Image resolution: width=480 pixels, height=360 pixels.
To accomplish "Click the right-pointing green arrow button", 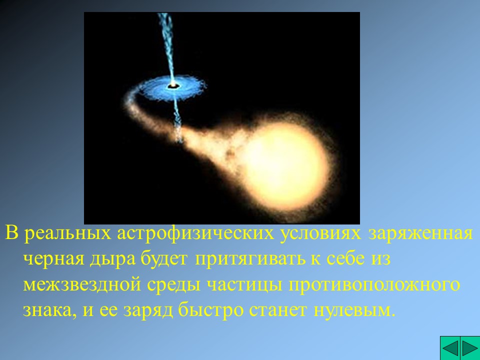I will click(x=469, y=348).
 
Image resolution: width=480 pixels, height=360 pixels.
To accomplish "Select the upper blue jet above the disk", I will click(x=165, y=40).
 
